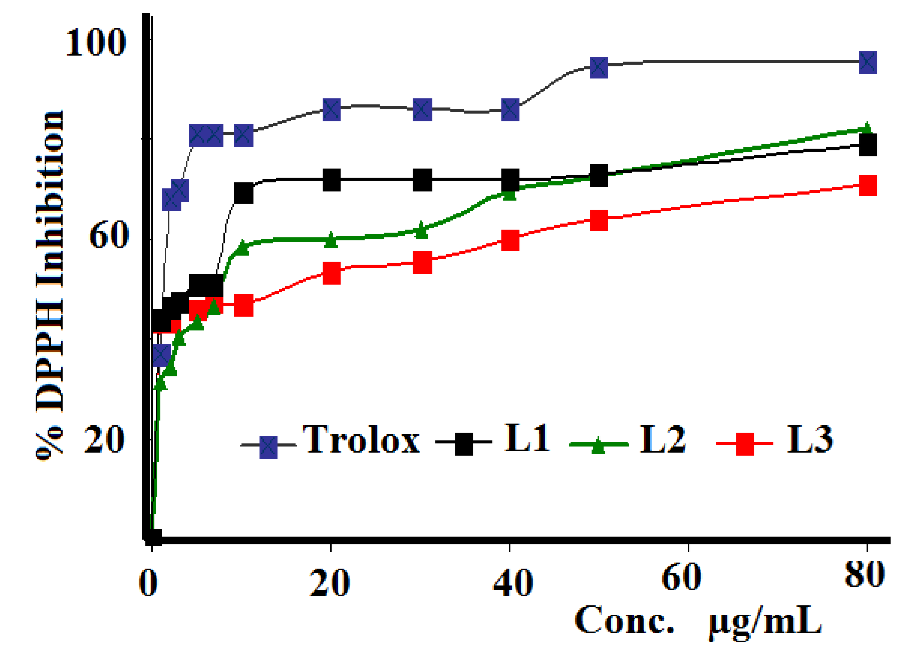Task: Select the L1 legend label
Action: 527,439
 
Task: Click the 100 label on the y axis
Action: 95,43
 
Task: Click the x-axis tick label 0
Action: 148,583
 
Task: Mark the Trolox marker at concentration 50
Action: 599,67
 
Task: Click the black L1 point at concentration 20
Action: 331,180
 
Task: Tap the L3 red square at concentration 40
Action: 510,241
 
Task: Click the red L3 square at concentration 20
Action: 331,273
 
